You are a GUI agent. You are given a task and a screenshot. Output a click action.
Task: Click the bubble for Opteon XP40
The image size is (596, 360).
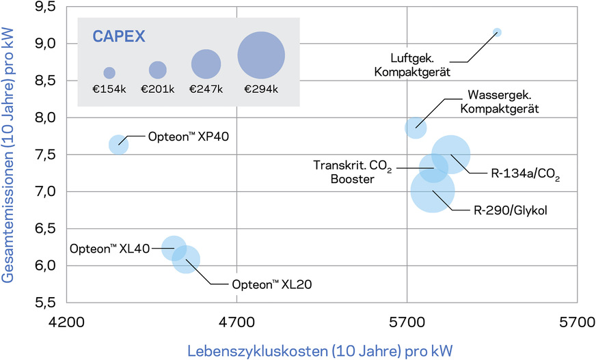(118, 144)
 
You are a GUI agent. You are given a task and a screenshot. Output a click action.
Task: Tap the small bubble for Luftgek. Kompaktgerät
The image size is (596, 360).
(497, 32)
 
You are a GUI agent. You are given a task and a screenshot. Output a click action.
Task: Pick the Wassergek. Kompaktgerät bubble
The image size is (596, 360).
(415, 127)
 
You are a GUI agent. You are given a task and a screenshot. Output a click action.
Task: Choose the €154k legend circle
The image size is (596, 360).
(109, 72)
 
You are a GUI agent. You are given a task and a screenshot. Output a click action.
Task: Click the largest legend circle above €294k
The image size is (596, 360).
(261, 56)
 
